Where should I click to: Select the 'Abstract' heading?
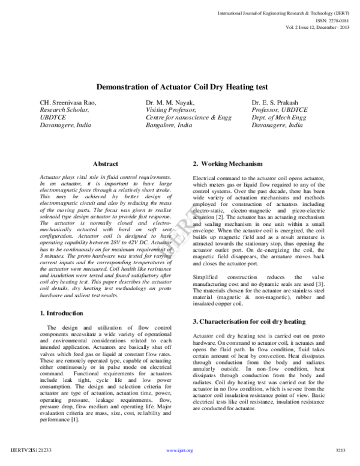point(106,163)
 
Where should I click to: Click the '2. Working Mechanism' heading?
point(227,164)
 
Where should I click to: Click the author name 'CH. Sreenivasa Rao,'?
point(67,103)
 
